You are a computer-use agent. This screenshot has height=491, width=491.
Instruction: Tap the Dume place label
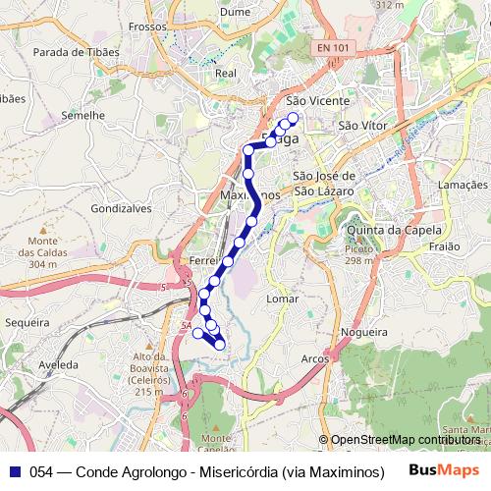(x=236, y=11)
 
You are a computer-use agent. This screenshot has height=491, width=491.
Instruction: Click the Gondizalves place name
(x=118, y=209)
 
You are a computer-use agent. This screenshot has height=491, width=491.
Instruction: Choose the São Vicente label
(x=311, y=100)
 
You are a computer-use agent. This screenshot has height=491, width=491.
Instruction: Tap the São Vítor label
(x=360, y=125)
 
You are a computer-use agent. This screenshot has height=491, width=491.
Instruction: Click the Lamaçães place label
(x=463, y=185)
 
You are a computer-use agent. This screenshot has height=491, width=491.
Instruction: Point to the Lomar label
(x=283, y=297)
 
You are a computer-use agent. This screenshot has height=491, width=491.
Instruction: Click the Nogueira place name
(x=364, y=334)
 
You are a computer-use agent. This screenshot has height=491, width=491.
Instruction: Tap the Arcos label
(x=315, y=358)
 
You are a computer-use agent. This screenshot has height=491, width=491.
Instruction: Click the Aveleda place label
(x=57, y=362)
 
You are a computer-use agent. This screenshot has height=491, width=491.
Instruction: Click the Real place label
(x=226, y=74)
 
